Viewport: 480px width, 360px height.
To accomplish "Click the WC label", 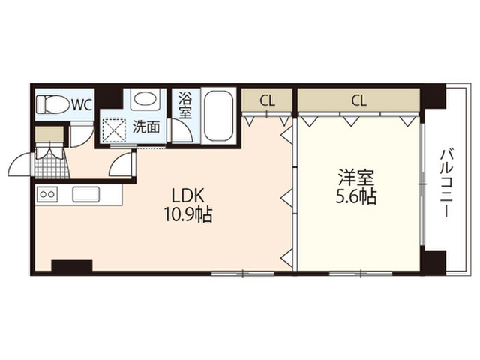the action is point(82,105).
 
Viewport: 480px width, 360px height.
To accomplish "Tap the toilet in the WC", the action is point(52,105).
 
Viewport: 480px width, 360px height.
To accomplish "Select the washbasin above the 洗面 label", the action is point(145,99).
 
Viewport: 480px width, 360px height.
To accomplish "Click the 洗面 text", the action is point(146,127).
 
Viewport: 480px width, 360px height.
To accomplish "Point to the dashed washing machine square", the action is point(114,130).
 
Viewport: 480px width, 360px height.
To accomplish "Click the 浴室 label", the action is point(185,105).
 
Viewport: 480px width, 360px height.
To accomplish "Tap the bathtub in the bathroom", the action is point(218,115).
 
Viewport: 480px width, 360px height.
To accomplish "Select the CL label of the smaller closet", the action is point(267,100).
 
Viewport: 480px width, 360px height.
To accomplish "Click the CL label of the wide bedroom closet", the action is point(358,100).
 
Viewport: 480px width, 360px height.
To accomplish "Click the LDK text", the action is point(187,196).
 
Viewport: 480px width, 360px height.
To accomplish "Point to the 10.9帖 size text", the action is point(188,214).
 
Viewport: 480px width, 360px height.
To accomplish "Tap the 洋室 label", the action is point(356,178).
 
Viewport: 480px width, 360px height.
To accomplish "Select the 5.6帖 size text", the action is point(356,196).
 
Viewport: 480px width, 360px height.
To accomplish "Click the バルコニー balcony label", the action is point(445,183).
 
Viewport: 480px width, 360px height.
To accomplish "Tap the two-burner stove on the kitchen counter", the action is point(47,194).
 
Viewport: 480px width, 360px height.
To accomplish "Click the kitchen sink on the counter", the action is point(85,194).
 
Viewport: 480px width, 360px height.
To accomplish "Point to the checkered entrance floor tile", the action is point(52,167).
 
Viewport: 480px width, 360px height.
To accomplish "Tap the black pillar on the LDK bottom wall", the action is point(72,265).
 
